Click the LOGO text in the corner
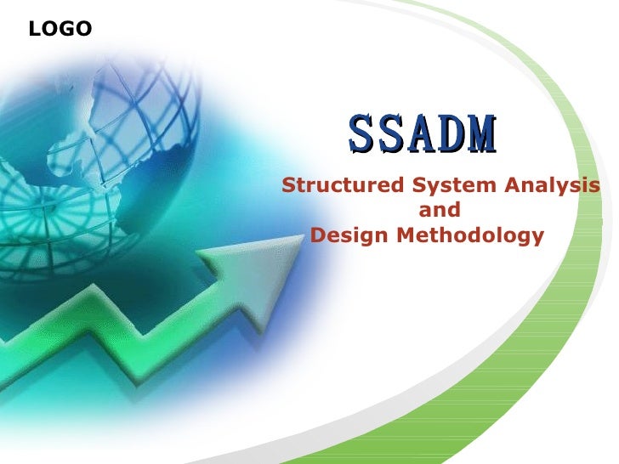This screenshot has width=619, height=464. [x=60, y=30]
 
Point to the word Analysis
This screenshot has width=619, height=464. [x=556, y=186]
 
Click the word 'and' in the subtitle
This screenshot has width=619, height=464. [x=440, y=210]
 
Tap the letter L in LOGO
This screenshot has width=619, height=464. [x=34, y=30]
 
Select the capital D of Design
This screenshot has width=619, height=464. [x=319, y=235]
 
